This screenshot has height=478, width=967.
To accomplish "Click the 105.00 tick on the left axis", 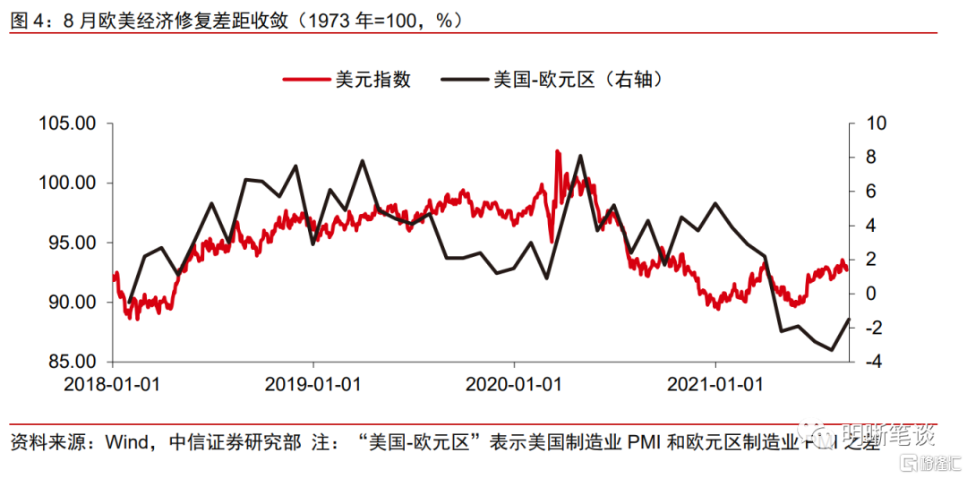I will click(67, 124).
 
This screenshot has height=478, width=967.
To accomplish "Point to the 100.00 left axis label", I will click(67, 184).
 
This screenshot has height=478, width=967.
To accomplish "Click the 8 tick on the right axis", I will click(869, 158).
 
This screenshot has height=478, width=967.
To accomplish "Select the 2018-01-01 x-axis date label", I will click(112, 384).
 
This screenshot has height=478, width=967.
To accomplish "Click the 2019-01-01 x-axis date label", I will click(313, 384).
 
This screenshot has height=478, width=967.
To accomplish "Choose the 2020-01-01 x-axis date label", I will click(514, 384).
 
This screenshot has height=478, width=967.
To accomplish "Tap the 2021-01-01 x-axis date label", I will click(715, 384).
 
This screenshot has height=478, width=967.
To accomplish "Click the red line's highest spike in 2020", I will click(557, 151).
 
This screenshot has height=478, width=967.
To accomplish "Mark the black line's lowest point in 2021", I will click(832, 350).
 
